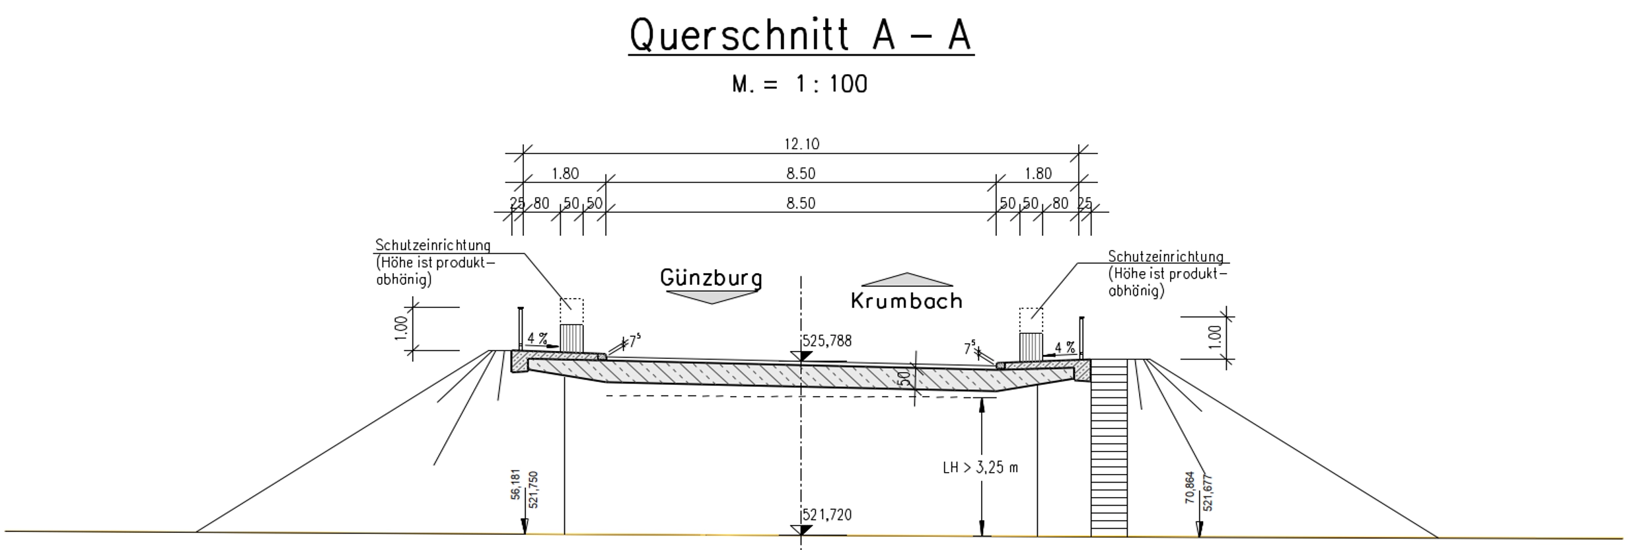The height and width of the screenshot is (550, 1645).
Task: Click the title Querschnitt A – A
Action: pos(801,35)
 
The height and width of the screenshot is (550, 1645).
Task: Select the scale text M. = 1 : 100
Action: pos(800,85)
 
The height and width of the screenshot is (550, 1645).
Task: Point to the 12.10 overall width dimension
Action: pos(801,144)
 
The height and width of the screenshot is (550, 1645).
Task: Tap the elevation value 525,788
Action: pos(827,341)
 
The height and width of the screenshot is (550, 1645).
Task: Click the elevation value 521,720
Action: pos(827,515)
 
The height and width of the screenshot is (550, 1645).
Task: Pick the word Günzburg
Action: pos(711,278)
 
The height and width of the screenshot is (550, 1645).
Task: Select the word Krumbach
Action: pos(906,301)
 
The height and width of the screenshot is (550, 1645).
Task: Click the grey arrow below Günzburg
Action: pos(711,297)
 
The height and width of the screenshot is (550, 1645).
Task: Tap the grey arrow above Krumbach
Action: pos(907,280)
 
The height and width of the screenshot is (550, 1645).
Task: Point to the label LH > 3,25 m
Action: pos(980,468)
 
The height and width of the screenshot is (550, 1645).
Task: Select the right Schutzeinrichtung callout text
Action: pos(1167,274)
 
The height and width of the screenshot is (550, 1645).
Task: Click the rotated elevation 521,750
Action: pos(534,490)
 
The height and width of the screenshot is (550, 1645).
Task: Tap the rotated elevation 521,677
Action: pos(1208,493)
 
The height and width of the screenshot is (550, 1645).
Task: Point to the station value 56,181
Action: pos(516,485)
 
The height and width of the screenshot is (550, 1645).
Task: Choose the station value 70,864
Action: pos(1190,488)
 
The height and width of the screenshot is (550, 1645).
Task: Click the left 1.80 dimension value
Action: pos(566,174)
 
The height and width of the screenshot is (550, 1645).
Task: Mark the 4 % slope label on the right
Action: pos(1064,348)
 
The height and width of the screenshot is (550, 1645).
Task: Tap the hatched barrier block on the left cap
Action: pos(571,338)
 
